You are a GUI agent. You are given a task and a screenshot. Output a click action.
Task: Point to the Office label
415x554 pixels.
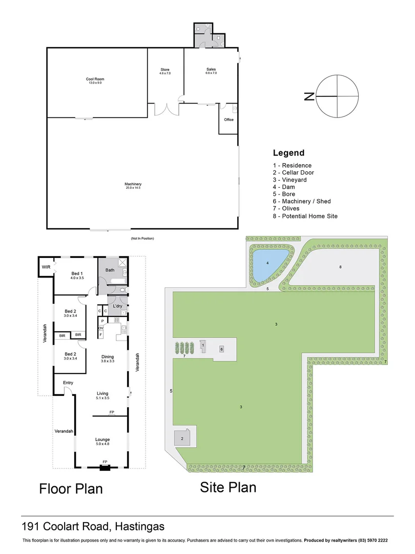[x=229, y=120]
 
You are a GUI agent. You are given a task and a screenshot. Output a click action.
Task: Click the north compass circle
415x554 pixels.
[x=337, y=96]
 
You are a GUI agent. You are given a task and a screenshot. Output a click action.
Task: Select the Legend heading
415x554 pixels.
[x=288, y=153]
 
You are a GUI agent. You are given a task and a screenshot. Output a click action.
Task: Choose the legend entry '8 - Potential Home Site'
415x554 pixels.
[x=305, y=216]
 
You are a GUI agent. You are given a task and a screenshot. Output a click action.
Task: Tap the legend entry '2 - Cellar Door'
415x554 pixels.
[x=294, y=173]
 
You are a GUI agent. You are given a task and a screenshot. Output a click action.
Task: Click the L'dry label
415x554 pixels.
[x=117, y=306]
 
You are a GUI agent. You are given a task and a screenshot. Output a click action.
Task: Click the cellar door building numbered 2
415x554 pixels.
[x=181, y=439]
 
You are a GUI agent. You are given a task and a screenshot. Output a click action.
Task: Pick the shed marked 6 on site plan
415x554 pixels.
[x=222, y=349]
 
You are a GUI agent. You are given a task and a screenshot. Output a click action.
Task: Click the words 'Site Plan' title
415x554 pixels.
[x=228, y=487]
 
